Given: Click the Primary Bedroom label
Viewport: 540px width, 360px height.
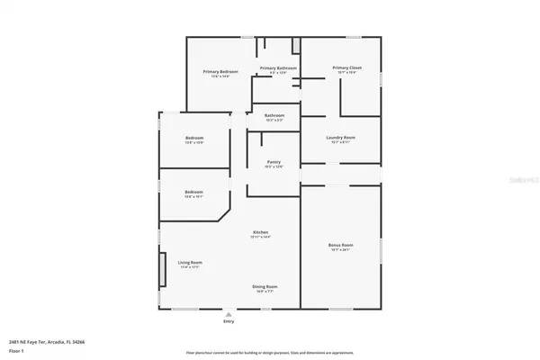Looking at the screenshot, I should pos(219,71).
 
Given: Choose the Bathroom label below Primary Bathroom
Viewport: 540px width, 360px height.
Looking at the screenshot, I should pos(274,115).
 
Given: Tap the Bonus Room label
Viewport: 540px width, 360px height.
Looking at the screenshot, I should pos(340,245).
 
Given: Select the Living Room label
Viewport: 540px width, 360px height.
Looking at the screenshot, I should pos(189,263).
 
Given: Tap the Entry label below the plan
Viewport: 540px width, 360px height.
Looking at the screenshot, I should pos(229,321).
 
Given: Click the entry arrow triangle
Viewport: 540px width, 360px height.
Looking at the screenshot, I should pos(229,315).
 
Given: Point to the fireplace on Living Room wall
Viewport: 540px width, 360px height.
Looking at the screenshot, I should pos(163,267).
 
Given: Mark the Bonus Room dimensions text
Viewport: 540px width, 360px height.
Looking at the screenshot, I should pos(340,249).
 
